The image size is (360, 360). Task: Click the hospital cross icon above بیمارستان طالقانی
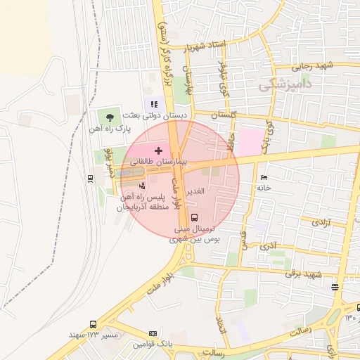(158, 150)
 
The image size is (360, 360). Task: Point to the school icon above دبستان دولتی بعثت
(153, 104)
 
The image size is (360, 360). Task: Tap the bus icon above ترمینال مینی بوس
(195, 217)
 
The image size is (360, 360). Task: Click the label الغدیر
(195, 191)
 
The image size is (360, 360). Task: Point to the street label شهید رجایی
(313, 67)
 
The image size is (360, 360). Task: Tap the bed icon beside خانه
(264, 177)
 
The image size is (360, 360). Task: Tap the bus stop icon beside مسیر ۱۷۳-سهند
(94, 325)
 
